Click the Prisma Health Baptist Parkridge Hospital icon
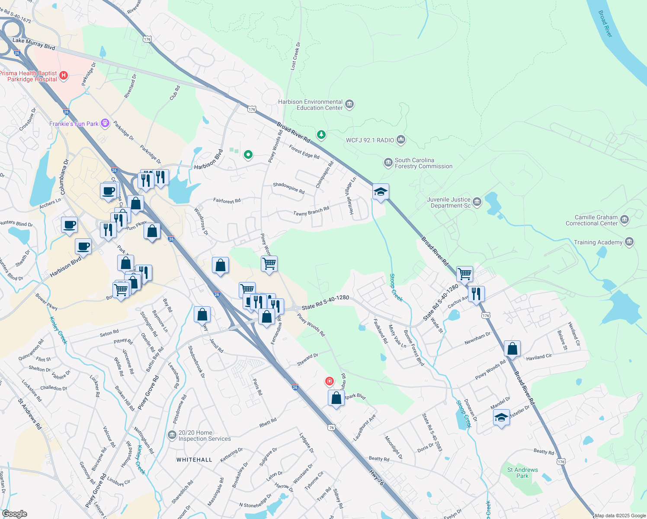point(64,76)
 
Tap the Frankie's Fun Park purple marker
point(105,124)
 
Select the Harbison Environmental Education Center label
point(311,105)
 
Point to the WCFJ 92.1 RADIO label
point(370,140)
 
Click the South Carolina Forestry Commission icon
point(388,163)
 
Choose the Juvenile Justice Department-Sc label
point(448,202)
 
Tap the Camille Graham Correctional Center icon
point(625,220)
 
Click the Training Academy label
point(598,243)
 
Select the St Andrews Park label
point(522,473)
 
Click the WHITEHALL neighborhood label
point(194,460)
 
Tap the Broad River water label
point(605,24)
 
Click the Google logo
point(14,514)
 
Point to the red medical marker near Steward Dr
point(330,381)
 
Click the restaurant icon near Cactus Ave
point(476,294)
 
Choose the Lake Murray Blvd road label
point(34,44)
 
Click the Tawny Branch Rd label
point(311,211)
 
